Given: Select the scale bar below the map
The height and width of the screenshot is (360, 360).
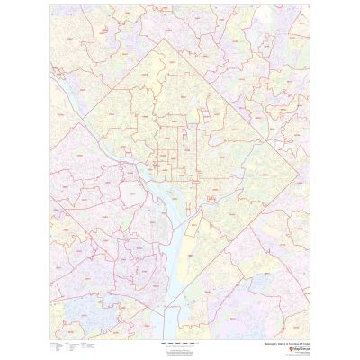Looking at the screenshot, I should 180,344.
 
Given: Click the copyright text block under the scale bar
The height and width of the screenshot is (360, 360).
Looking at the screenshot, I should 180,349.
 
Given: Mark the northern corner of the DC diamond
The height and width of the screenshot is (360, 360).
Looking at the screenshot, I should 164,40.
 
